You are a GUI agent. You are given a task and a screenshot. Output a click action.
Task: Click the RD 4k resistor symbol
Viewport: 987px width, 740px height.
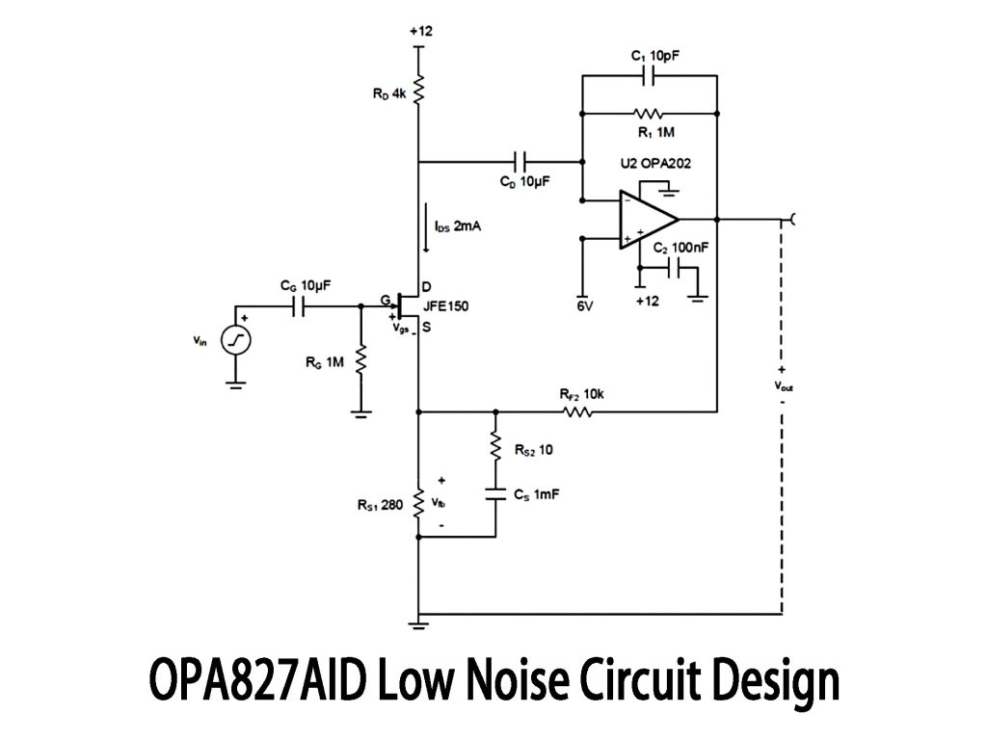pyautogui.click(x=419, y=92)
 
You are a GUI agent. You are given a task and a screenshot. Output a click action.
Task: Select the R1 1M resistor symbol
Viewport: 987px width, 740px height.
pyautogui.click(x=649, y=113)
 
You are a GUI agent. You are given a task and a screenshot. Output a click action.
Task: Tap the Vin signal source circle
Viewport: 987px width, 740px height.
pyautogui.click(x=235, y=339)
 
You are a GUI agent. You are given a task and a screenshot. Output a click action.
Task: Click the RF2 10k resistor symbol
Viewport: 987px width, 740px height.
pyautogui.click(x=578, y=411)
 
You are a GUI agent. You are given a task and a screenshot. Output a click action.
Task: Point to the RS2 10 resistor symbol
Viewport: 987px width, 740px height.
pyautogui.click(x=495, y=445)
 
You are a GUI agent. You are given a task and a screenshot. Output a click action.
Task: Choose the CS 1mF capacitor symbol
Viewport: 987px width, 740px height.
pyautogui.click(x=495, y=493)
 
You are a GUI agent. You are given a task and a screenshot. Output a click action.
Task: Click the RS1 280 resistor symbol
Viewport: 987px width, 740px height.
pyautogui.click(x=419, y=502)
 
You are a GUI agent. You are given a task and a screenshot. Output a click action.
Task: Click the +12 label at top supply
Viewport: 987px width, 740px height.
pyautogui.click(x=420, y=31)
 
